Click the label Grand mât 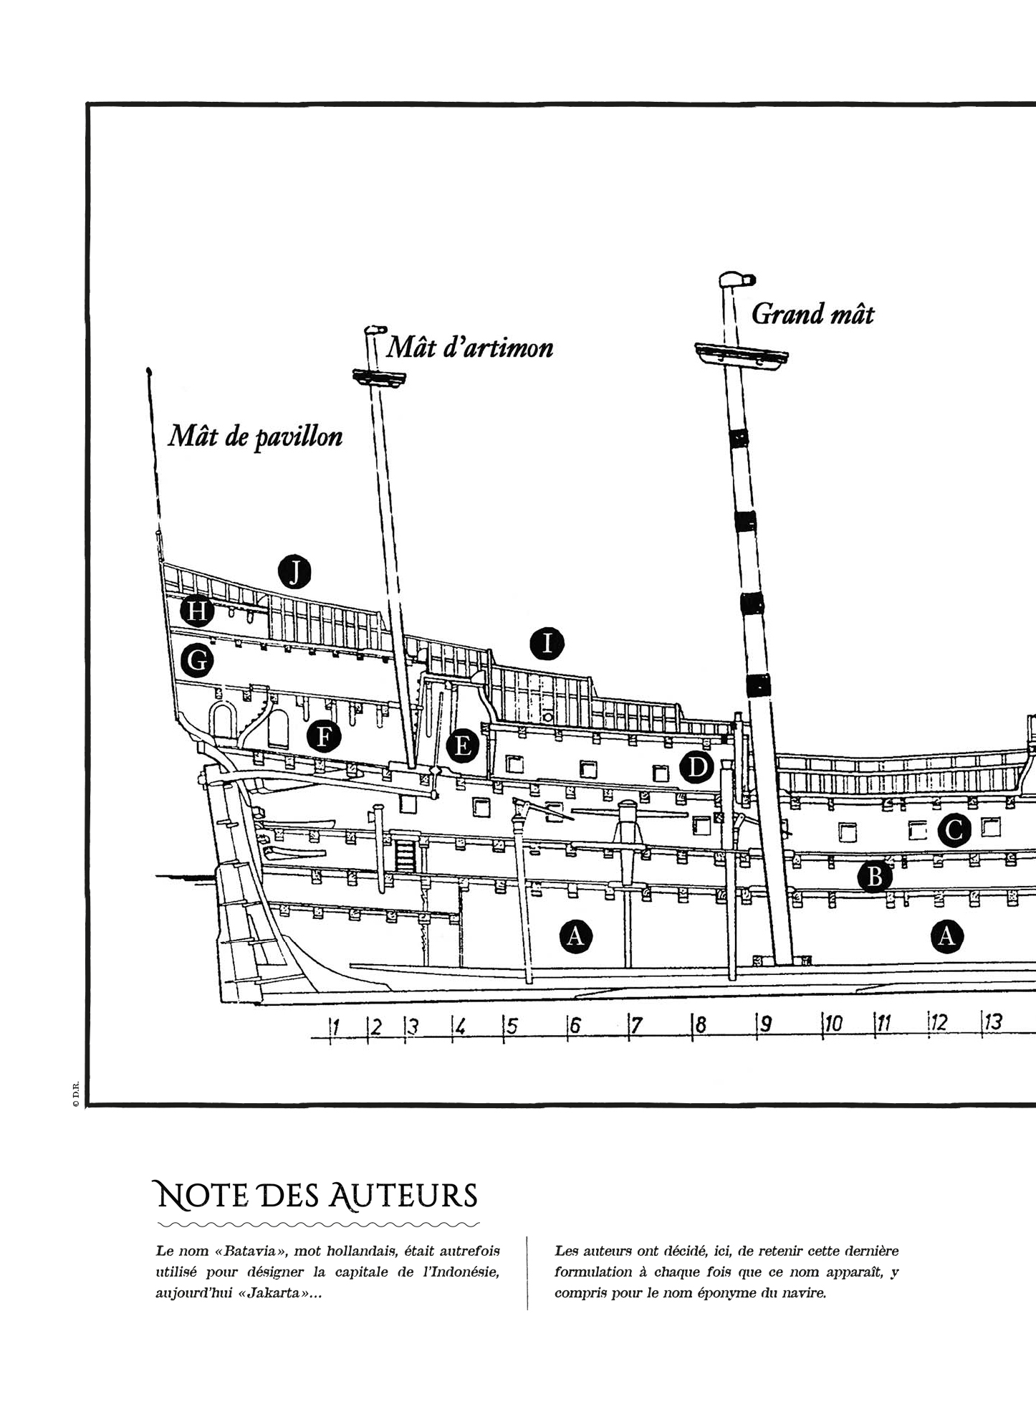[x=812, y=314]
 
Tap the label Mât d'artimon [x=469, y=348]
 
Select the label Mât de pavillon [x=255, y=437]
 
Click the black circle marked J [x=294, y=572]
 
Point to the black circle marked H [x=197, y=611]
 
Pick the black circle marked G [x=197, y=660]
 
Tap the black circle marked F [x=324, y=736]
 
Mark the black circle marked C [x=954, y=831]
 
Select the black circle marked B [x=874, y=876]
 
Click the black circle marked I [x=547, y=644]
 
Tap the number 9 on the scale [x=765, y=1024]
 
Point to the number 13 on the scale [x=993, y=1022]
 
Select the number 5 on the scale [x=512, y=1027]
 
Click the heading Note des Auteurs [x=317, y=1196]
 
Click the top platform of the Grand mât [x=742, y=353]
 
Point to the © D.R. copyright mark [x=75, y=1097]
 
